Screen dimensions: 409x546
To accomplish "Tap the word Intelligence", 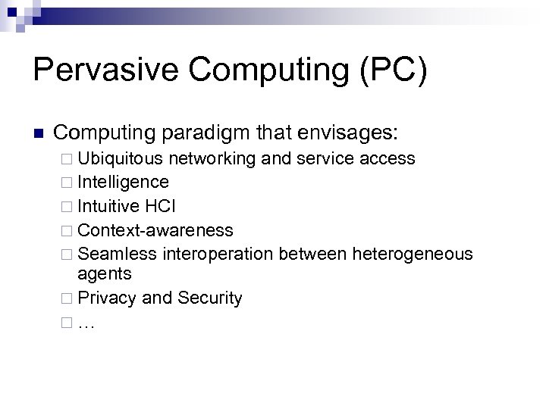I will coord(123,183).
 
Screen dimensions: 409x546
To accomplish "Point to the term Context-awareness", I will coord(155,229).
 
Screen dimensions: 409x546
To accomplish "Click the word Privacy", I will coord(107,298).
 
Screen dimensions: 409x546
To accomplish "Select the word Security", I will coord(209,298).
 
